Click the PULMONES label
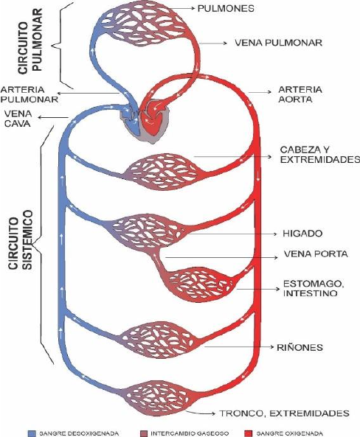[x=226, y=8]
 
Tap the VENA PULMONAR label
[x=279, y=43]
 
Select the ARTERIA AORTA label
[x=300, y=94]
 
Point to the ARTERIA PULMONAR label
[x=30, y=94]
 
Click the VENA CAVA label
[x=18, y=119]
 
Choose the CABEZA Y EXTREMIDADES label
[x=320, y=155]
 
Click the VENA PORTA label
[x=316, y=254]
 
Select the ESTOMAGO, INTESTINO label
[x=314, y=288]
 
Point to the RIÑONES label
[x=300, y=347]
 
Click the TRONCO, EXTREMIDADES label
[x=284, y=413]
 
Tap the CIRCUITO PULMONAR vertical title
[x=30, y=41]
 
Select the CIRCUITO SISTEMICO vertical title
[x=21, y=240]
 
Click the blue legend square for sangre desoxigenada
[x=32, y=433]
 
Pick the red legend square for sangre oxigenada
[x=248, y=433]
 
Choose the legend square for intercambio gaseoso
[x=144, y=433]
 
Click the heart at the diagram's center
[x=145, y=120]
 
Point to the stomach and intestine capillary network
[x=200, y=285]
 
